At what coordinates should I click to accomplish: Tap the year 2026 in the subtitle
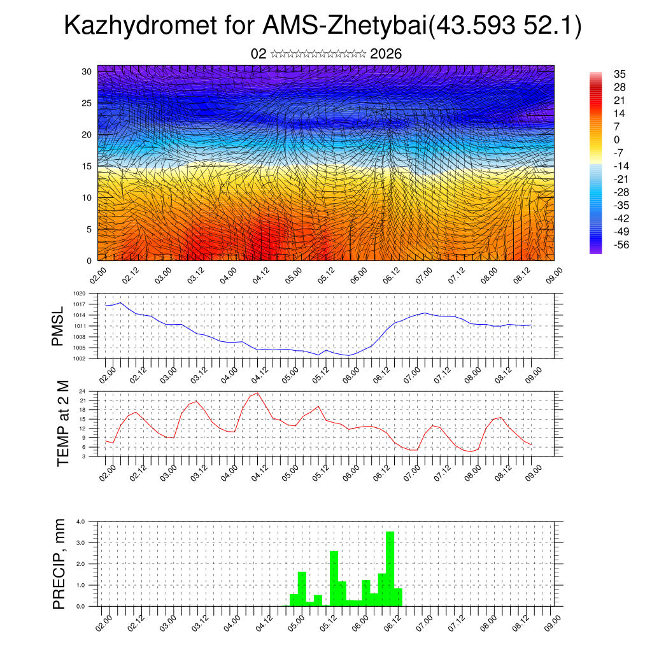click(x=385, y=54)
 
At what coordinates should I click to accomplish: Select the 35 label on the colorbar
click(x=620, y=74)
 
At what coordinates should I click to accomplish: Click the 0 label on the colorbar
click(x=617, y=139)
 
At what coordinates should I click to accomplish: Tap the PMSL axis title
click(x=58, y=326)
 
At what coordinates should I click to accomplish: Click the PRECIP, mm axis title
click(x=59, y=563)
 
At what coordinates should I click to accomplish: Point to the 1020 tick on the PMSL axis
click(x=79, y=294)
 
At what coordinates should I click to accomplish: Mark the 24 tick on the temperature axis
click(x=83, y=391)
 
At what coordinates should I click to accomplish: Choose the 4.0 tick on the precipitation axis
click(x=80, y=521)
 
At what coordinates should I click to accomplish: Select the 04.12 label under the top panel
click(x=260, y=274)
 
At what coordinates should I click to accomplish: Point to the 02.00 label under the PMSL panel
click(x=107, y=371)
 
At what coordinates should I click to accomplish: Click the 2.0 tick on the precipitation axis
click(x=80, y=564)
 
